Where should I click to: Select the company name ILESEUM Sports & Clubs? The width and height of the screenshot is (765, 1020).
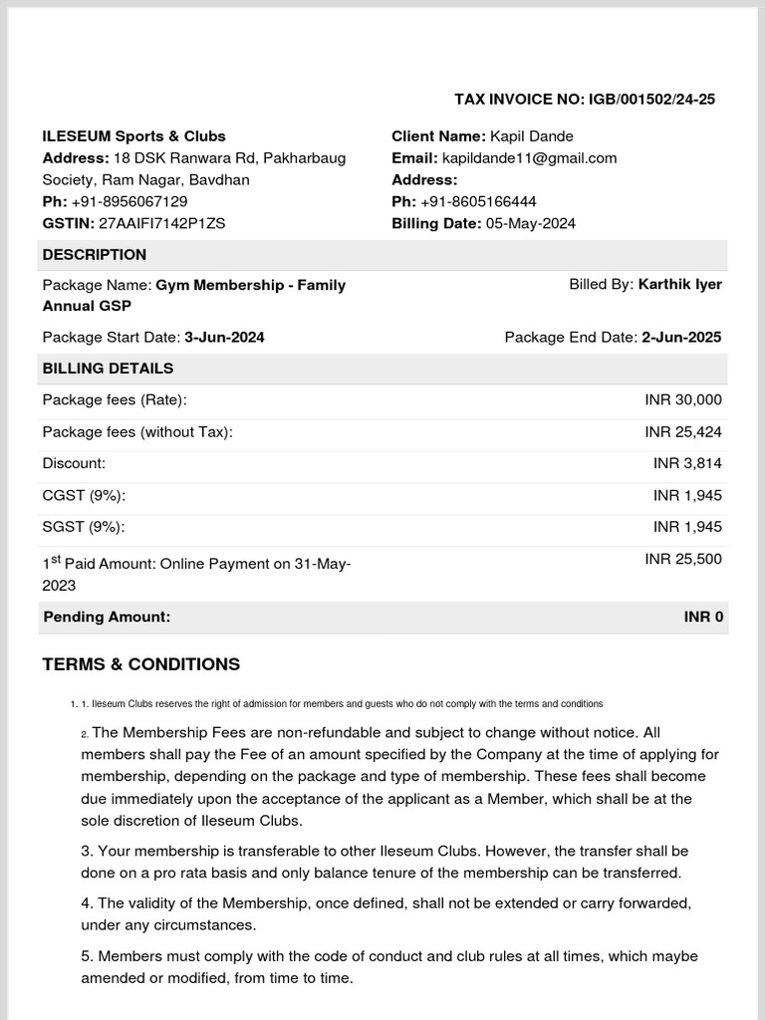(133, 135)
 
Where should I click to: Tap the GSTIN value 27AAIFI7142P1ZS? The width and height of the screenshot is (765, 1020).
(162, 223)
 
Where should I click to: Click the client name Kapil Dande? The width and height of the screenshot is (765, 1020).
(531, 135)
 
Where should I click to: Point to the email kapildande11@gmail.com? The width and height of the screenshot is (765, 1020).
(529, 157)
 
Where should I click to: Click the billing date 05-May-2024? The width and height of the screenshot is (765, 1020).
(530, 223)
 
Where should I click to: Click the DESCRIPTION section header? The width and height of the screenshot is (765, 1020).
(94, 254)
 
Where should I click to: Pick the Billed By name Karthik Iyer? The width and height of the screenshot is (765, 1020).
(679, 284)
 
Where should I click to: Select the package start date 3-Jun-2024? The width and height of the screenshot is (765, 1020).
(224, 337)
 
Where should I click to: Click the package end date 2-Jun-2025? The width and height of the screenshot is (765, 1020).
(681, 337)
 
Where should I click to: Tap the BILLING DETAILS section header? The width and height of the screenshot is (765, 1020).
(108, 368)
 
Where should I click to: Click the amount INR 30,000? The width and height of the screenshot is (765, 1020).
(683, 399)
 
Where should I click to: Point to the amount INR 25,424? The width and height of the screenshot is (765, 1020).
(683, 431)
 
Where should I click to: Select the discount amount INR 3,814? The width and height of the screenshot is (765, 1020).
(687, 463)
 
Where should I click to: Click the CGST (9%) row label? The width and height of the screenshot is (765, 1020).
(84, 495)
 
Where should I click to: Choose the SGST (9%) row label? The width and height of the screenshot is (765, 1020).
(84, 527)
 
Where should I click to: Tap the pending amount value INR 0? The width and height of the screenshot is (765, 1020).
(703, 617)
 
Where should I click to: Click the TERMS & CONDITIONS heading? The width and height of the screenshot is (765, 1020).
(140, 664)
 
